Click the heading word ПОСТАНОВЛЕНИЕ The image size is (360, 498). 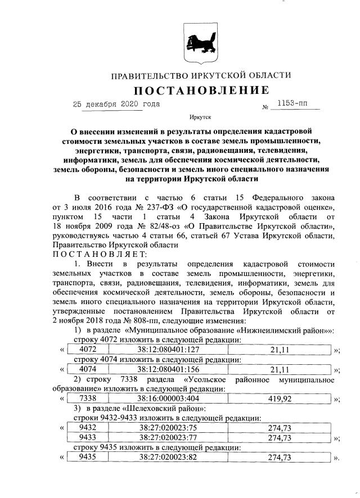(x=201, y=90)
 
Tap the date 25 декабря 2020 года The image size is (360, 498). (x=116, y=105)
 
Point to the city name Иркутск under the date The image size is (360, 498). (x=201, y=117)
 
